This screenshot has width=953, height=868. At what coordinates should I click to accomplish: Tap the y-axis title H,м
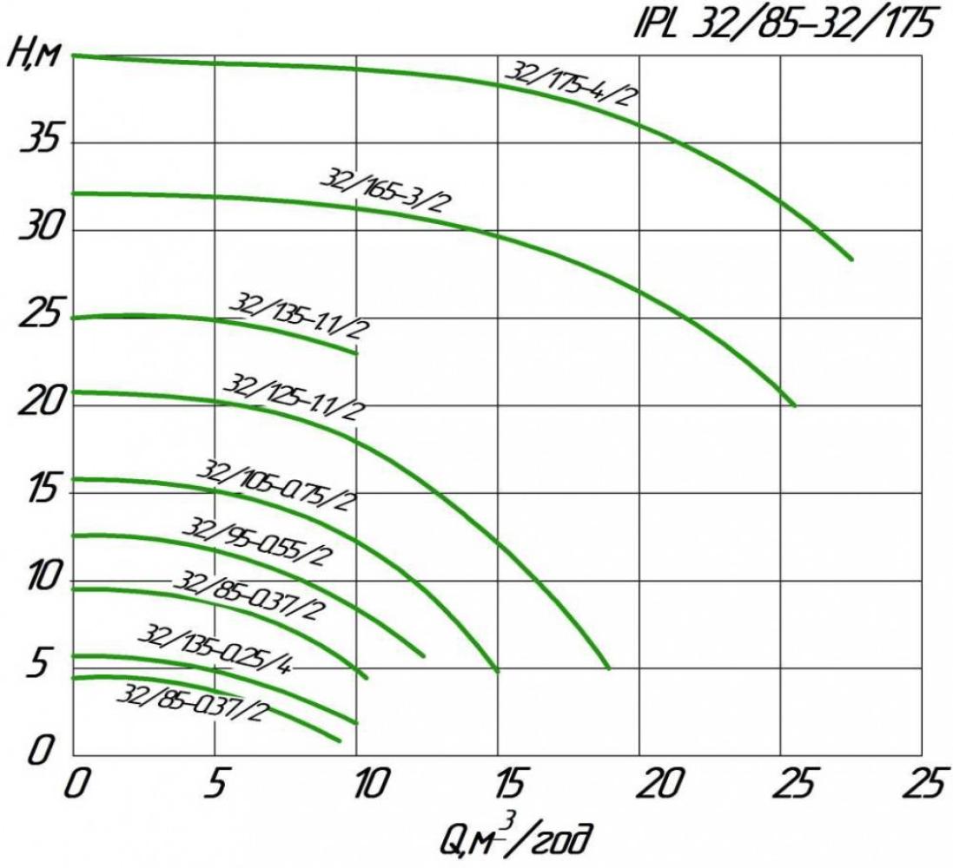coord(35,56)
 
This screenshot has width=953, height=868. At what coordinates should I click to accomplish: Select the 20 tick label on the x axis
coord(657,786)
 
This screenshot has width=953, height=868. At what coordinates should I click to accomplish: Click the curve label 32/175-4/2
coord(571,83)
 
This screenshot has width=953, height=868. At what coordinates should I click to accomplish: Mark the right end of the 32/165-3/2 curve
coord(794,405)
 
